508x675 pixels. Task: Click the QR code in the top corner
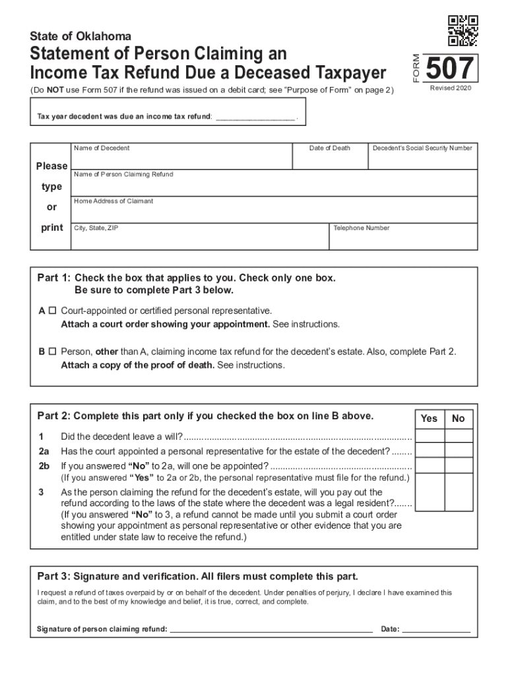tap(462, 30)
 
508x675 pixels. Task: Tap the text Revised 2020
tap(451, 88)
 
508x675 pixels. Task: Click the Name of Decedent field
tap(181, 160)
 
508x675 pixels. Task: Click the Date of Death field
tap(330, 160)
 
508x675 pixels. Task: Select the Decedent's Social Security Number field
tap(422, 160)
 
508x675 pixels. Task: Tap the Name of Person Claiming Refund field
tap(273, 187)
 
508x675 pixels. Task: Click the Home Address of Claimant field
tap(273, 213)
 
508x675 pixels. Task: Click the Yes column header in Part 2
tap(429, 419)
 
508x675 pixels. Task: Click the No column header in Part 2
tap(459, 419)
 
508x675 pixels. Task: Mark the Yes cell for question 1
tap(429, 436)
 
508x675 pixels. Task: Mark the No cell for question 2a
tap(459, 451)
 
